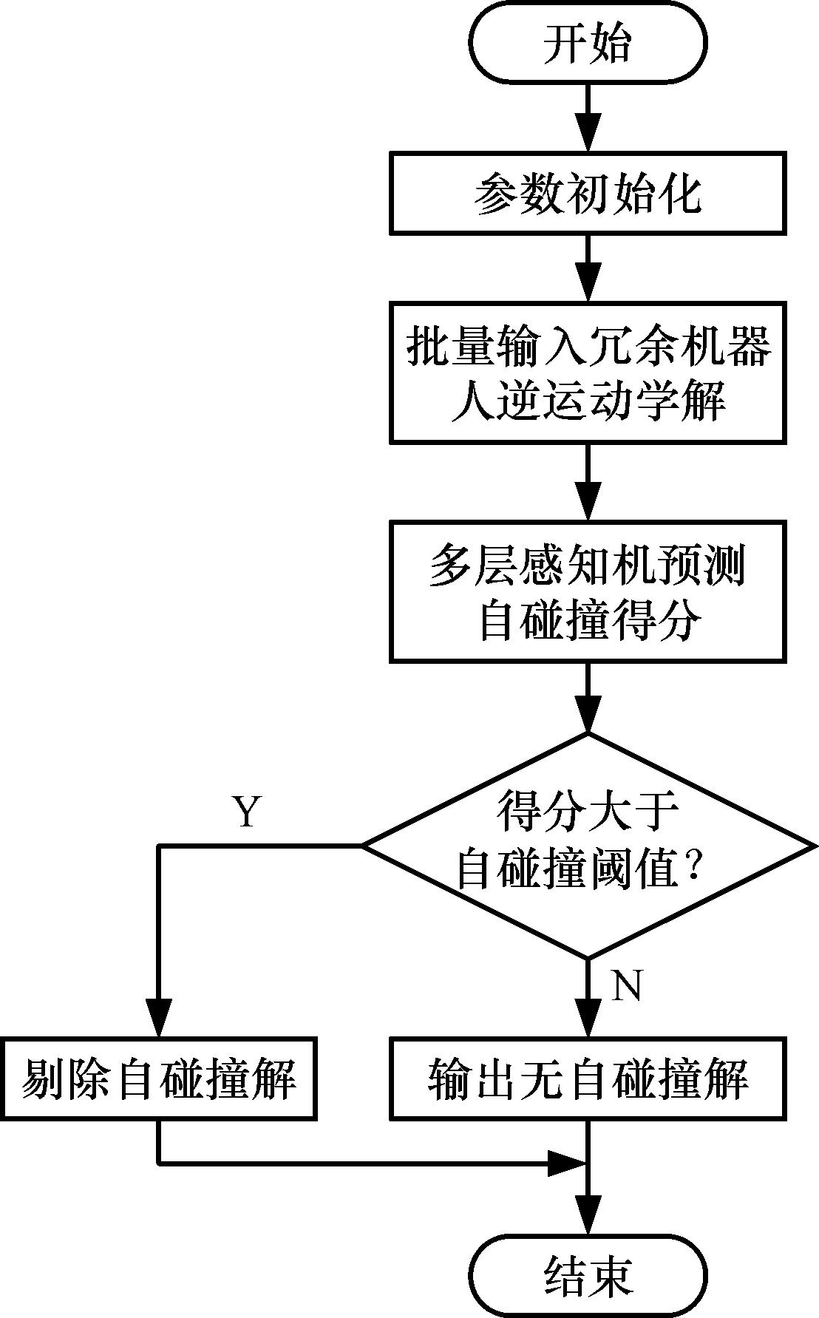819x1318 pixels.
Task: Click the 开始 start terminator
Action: tap(588, 44)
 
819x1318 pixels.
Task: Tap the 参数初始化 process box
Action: tap(588, 194)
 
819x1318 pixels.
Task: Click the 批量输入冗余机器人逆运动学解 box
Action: tap(588, 372)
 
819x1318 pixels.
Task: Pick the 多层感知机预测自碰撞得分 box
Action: tap(588, 591)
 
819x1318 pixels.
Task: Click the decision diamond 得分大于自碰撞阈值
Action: tap(588, 845)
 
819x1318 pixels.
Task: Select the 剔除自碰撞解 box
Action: tap(159, 1078)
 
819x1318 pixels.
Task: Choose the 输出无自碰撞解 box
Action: tap(588, 1078)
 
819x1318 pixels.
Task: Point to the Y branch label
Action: tap(247, 812)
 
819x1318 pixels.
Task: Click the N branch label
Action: tap(626, 985)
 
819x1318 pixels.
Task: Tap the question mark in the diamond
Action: tap(693, 872)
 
